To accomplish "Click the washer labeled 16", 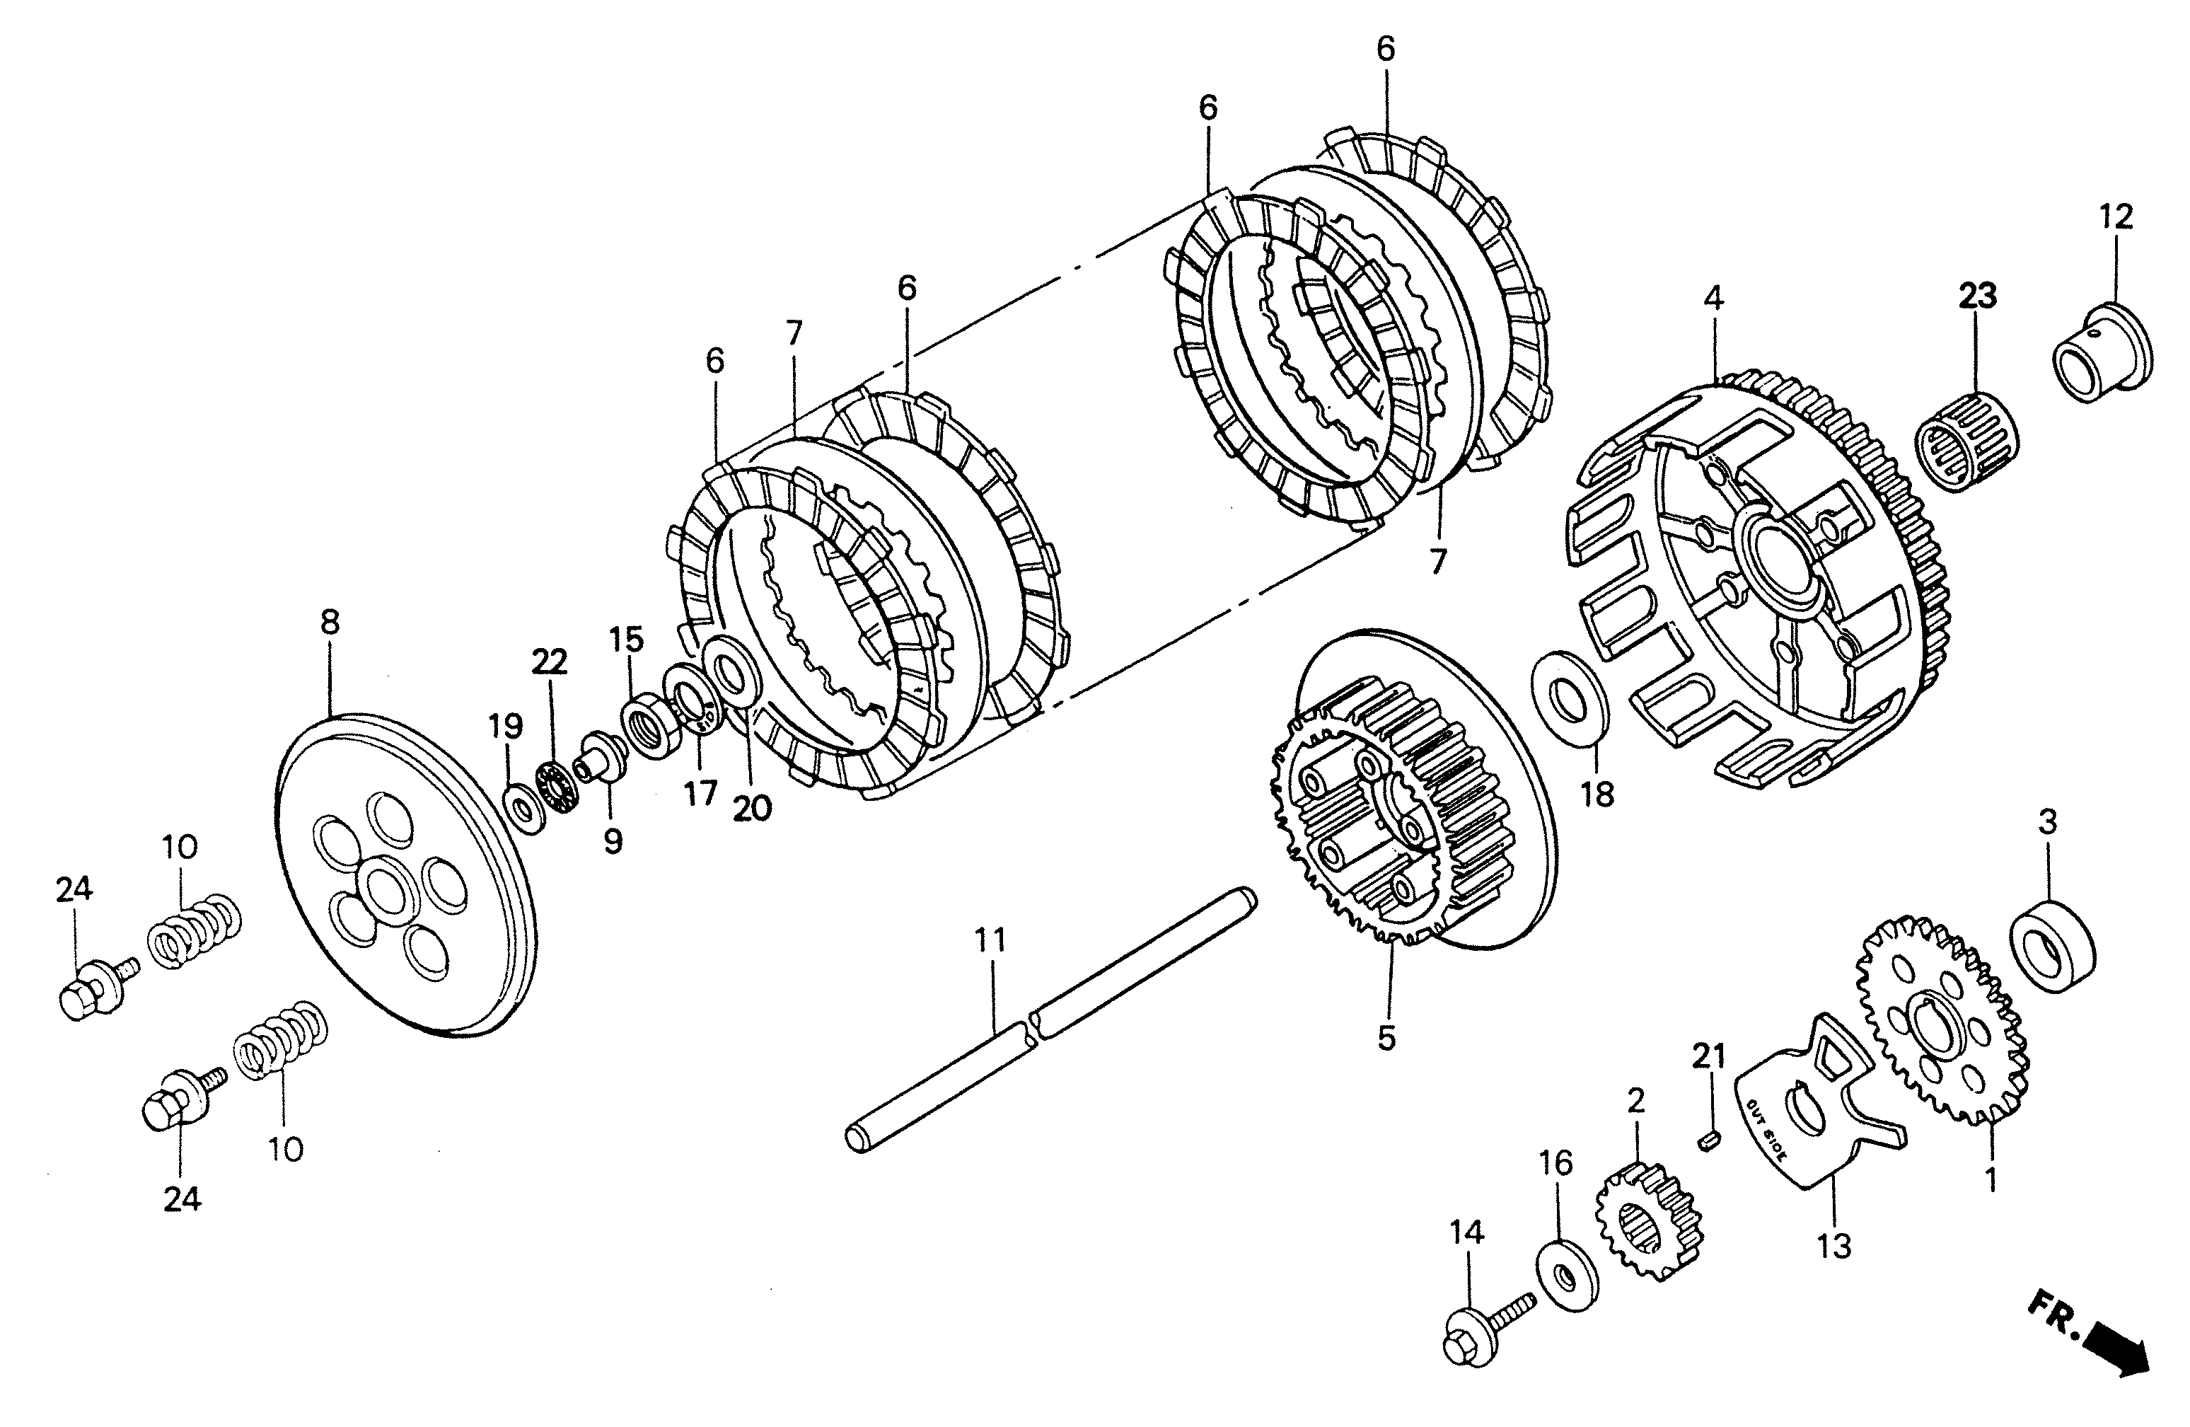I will click(1567, 1273).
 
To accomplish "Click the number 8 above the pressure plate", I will click(330, 623).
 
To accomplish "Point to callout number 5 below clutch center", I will click(1386, 1037).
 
